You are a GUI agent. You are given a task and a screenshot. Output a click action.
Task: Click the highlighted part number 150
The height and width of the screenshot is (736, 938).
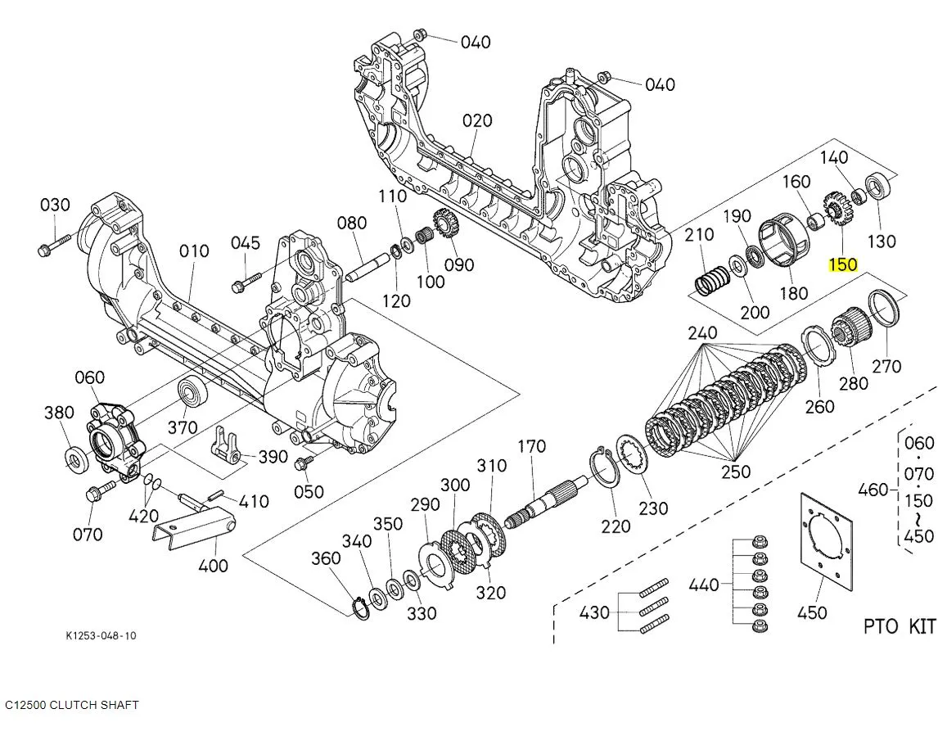pyautogui.click(x=842, y=264)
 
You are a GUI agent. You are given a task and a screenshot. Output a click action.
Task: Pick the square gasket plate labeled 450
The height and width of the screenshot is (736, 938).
pyautogui.click(x=824, y=544)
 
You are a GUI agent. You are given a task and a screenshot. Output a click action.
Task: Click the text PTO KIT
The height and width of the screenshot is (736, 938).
pyautogui.click(x=899, y=627)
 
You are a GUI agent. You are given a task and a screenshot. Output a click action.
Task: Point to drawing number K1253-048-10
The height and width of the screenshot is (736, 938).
pyautogui.click(x=101, y=636)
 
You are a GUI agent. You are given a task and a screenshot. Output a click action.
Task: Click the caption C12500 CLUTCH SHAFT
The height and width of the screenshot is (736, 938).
pyautogui.click(x=72, y=705)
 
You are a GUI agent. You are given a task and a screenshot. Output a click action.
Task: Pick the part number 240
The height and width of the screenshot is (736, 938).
pyautogui.click(x=702, y=333)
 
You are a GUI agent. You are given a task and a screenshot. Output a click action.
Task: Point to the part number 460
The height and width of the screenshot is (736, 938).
pyautogui.click(x=874, y=490)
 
